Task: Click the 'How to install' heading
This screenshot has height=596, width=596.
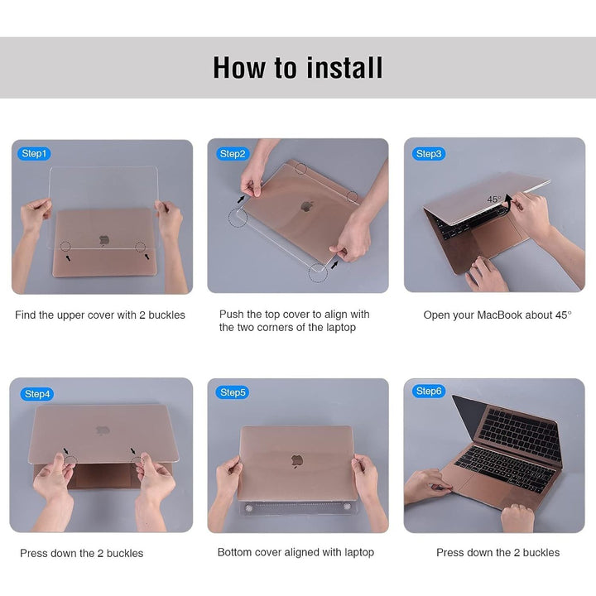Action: point(298,68)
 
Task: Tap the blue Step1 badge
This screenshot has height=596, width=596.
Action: point(34,154)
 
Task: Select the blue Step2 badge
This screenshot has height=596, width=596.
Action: point(233,154)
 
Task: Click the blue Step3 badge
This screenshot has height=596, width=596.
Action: point(429,154)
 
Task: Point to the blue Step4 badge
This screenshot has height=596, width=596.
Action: point(37,394)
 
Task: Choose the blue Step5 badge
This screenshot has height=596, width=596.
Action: point(233,392)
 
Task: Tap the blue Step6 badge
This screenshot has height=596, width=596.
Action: point(429,391)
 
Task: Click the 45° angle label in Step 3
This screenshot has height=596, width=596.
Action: point(494,199)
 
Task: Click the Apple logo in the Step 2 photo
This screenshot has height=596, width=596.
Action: point(307,207)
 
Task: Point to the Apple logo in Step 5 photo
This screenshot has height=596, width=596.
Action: point(297,461)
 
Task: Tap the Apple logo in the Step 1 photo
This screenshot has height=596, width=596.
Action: point(104,240)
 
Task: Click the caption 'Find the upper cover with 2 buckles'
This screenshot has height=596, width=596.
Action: point(100,315)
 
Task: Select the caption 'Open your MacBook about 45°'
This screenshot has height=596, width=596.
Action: point(497,315)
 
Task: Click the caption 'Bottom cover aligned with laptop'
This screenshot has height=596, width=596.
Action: point(296,552)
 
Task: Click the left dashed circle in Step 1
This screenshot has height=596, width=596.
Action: point(65,247)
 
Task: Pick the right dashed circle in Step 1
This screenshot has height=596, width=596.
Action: point(140,247)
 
